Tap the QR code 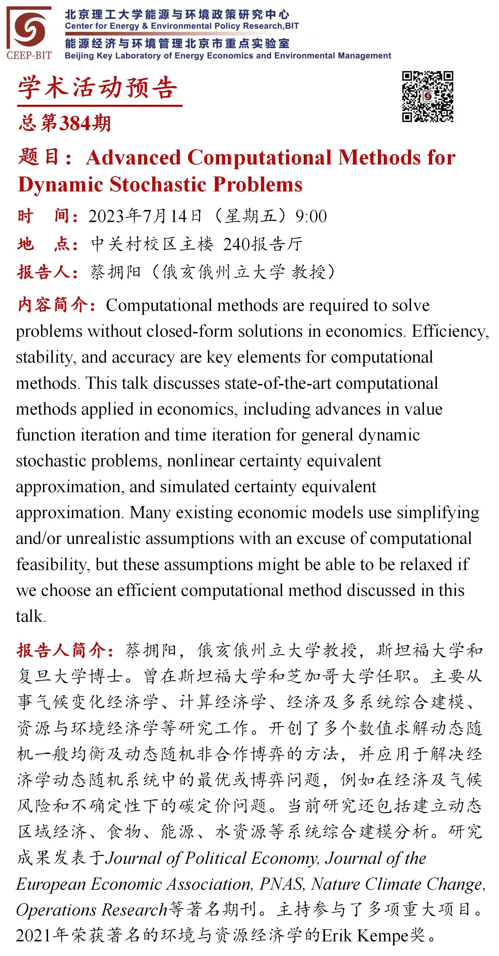(x=427, y=96)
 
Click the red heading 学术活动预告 (x=97, y=88)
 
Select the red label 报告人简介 (x=65, y=650)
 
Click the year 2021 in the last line (x=33, y=935)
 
